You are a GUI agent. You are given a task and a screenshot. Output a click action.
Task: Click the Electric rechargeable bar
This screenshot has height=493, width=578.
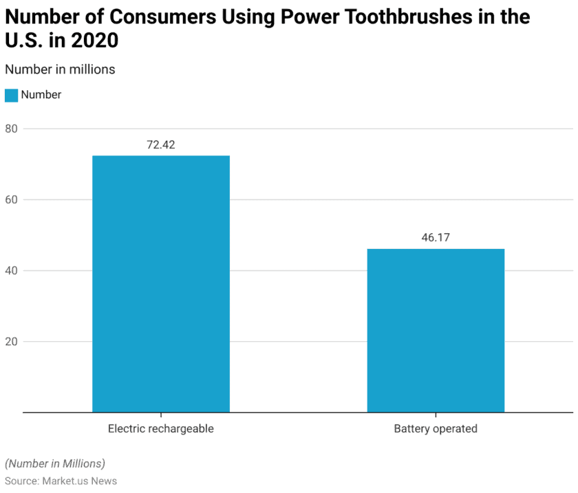[161, 284]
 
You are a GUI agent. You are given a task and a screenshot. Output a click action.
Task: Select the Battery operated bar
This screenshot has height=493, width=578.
[436, 330]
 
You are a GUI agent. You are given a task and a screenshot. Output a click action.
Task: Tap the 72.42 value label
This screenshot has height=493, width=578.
[161, 145]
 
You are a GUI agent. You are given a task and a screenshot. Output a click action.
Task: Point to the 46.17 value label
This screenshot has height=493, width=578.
[436, 238]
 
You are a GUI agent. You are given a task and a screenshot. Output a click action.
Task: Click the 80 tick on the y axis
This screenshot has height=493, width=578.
[11, 129]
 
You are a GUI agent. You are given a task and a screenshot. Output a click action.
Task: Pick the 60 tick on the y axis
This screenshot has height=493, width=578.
[11, 199]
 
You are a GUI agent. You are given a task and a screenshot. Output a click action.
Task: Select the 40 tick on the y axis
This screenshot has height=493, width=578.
[11, 270]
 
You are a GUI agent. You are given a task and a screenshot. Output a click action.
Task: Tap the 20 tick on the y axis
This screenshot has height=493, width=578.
[11, 342]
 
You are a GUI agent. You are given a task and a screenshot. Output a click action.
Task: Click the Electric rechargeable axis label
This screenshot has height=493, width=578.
[161, 428]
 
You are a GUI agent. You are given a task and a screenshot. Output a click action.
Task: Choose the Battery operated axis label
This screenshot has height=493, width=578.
[436, 428]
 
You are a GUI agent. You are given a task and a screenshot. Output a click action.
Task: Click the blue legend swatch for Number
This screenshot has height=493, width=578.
[11, 96]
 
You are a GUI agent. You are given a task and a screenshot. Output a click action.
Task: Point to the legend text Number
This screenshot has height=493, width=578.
[41, 95]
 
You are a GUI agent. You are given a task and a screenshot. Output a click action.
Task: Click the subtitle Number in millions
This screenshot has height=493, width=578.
[60, 69]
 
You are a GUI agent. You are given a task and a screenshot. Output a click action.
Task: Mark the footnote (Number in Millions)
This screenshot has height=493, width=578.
[55, 463]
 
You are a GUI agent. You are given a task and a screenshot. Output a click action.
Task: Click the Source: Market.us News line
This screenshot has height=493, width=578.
[61, 481]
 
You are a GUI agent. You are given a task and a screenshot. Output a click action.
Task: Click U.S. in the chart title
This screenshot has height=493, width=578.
[24, 41]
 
